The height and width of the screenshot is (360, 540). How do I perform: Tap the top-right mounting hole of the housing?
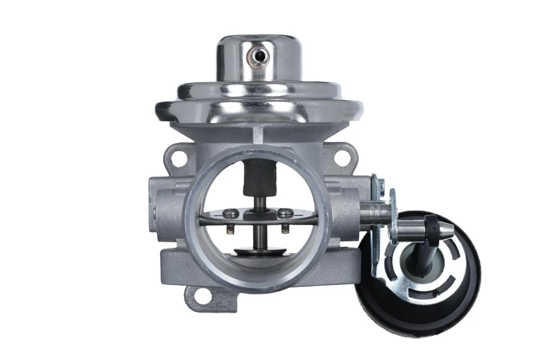click(342, 157)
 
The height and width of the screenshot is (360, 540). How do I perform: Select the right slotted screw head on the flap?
click(286, 213)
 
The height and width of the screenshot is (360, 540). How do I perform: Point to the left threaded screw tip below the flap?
click(231, 230)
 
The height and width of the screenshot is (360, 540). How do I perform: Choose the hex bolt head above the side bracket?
click(379, 184)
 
